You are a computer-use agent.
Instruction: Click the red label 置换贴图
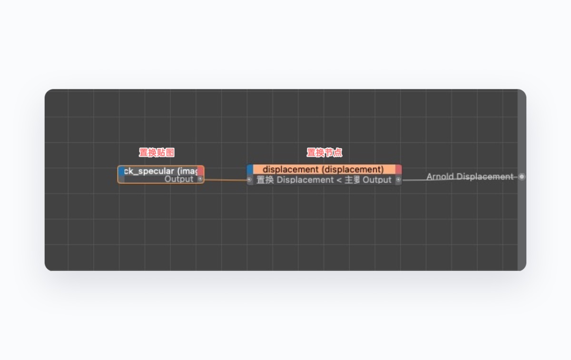point(157,153)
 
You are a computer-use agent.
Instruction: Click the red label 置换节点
point(324,153)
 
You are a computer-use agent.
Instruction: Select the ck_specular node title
point(160,171)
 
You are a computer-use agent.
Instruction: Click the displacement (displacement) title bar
point(323,169)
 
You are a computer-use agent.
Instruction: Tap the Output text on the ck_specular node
point(179,179)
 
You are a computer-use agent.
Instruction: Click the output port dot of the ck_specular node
point(200,179)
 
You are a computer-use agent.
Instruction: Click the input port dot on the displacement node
point(250,180)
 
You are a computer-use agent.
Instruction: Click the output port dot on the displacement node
point(398,180)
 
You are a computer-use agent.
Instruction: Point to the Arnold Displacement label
point(470,176)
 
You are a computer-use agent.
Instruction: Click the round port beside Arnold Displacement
point(522,177)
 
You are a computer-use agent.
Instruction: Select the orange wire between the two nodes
point(226,180)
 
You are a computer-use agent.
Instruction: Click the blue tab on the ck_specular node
point(121,171)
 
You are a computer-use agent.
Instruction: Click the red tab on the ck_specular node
point(200,171)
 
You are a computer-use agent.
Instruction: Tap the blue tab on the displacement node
point(250,169)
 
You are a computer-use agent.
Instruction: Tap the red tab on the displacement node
point(398,169)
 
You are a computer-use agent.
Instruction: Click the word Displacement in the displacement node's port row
point(305,180)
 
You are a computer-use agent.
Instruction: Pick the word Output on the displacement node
point(377,180)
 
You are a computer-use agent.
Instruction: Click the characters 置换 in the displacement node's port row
point(265,180)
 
